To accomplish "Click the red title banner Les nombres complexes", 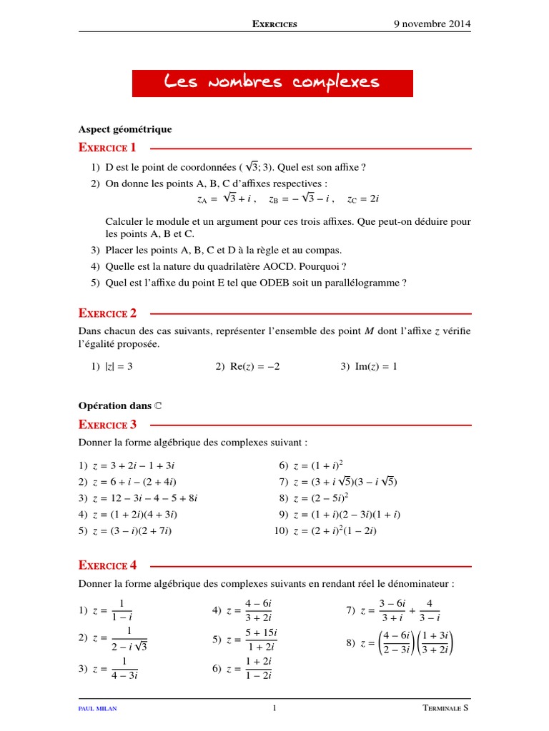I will pyautogui.click(x=272, y=83).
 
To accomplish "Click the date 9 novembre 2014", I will pyautogui.click(x=432, y=24).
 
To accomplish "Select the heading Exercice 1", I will pyautogui.click(x=107, y=148).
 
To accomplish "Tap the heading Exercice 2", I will pyautogui.click(x=107, y=313).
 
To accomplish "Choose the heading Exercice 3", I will pyautogui.click(x=107, y=425).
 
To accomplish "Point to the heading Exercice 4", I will pyautogui.click(x=107, y=565).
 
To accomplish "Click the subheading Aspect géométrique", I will pyautogui.click(x=125, y=129).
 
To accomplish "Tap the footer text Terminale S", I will pyautogui.click(x=447, y=709).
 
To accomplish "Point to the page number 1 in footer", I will pyautogui.click(x=274, y=709).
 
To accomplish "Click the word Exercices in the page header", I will pyautogui.click(x=274, y=24).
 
